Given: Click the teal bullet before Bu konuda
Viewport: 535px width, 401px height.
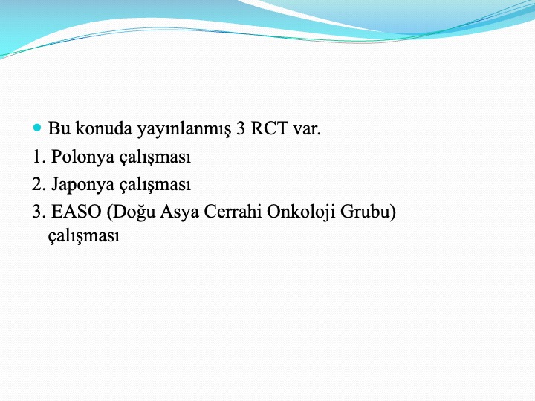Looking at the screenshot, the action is pyautogui.click(x=37, y=128).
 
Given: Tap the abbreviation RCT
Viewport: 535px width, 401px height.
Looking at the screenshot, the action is pyautogui.click(x=269, y=128).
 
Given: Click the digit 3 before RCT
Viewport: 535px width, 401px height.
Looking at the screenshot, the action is pyautogui.click(x=241, y=128).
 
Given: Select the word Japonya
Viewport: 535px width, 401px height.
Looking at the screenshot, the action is pyautogui.click(x=83, y=185).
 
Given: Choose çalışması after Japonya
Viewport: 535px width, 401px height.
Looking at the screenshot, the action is pyautogui.click(x=155, y=185).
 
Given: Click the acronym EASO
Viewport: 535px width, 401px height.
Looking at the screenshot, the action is pyautogui.click(x=77, y=212).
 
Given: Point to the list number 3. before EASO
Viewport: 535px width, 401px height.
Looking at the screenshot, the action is pyautogui.click(x=39, y=212).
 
